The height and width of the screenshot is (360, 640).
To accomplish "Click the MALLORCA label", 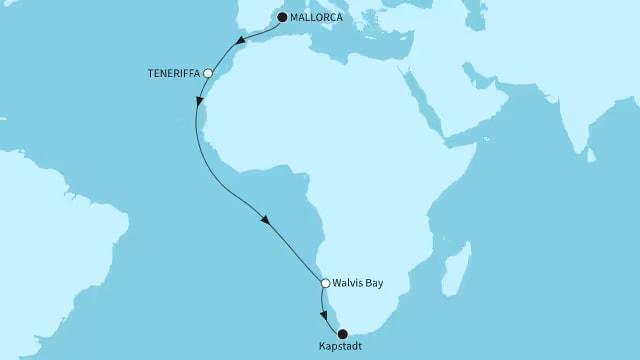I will [318, 17].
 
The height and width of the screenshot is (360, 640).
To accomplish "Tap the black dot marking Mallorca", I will [282, 17].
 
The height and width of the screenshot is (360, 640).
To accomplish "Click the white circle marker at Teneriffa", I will [208, 73].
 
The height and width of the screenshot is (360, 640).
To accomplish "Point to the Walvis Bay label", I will [358, 283].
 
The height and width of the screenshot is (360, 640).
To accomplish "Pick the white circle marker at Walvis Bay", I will [325, 283].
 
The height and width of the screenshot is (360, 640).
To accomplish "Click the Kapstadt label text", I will [342, 347].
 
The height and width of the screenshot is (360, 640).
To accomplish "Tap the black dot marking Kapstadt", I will [343, 333].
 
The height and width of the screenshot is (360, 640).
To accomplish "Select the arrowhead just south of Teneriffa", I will [200, 104].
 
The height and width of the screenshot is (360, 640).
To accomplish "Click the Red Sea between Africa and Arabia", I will [425, 104].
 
